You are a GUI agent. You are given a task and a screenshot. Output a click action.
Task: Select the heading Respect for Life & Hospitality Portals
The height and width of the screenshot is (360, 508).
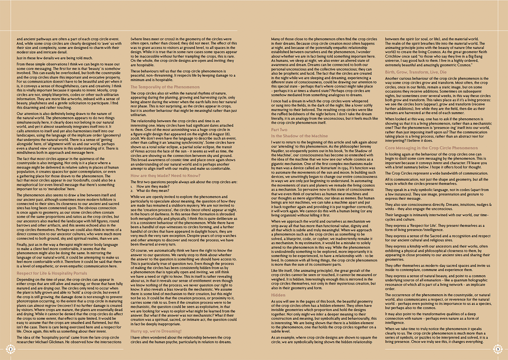(52, 274)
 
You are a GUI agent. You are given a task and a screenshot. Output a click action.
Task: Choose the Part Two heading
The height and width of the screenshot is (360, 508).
(279, 130)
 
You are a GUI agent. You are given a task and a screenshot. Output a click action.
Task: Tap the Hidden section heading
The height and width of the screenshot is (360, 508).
(278, 295)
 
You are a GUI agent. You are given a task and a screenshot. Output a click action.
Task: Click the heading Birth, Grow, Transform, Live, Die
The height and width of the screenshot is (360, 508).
(416, 72)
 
